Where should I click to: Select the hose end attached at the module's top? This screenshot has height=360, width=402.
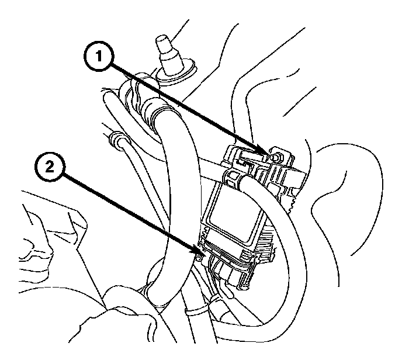[240, 179]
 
